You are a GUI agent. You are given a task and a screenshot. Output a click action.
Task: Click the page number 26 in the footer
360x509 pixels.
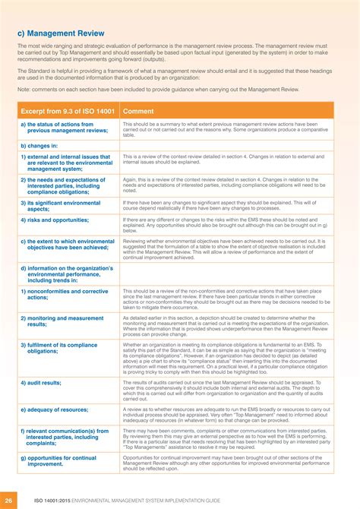pyautogui.click(x=8, y=501)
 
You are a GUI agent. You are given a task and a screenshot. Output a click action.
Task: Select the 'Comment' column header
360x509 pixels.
pyautogui.click(x=138, y=111)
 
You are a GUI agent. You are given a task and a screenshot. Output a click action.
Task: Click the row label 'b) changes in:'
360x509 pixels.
pyautogui.click(x=39, y=145)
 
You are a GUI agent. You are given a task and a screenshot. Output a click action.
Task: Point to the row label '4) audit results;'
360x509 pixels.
pyautogui.click(x=41, y=383)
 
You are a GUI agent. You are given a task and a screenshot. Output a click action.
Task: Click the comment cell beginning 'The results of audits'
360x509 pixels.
pyautogui.click(x=226, y=390)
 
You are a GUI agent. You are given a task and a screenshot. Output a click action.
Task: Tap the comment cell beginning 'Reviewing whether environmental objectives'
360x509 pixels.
pyautogui.click(x=226, y=248)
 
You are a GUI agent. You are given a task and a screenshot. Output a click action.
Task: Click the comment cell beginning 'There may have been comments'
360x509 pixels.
pyautogui.click(x=226, y=439)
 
